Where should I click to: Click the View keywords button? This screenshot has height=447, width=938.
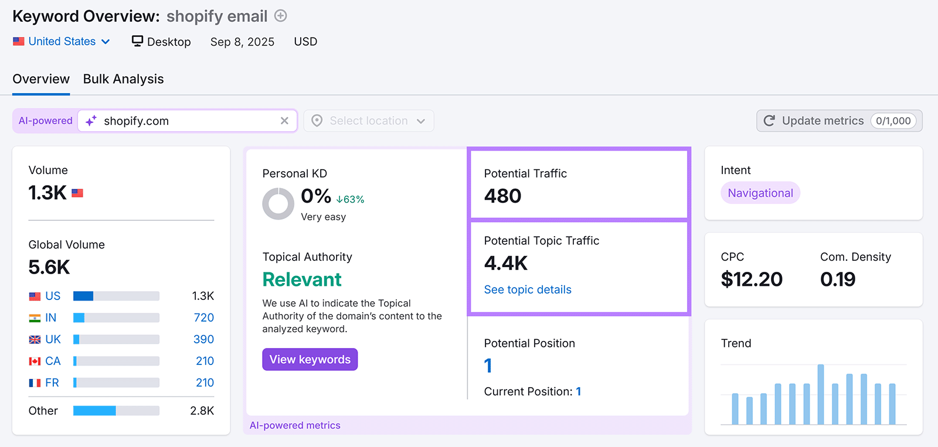pos(310,360)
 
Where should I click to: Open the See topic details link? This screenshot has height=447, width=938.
pos(527,289)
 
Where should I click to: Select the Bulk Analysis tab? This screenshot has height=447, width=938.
pos(123,79)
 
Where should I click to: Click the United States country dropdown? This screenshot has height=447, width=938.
pos(62,42)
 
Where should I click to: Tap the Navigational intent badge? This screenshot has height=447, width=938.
pos(760,193)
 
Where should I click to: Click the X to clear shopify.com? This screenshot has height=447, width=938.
pos(284,121)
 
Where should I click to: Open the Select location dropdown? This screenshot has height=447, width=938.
pos(368,121)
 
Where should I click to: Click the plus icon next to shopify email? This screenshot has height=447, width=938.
pos(281,16)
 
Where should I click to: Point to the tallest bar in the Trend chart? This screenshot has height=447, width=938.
pos(820,394)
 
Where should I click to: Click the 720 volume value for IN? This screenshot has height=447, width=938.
pos(203,318)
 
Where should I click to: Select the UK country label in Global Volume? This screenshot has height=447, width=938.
pos(53,339)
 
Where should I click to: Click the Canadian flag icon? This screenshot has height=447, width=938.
pos(35,361)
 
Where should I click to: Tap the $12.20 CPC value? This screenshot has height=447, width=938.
pos(751,279)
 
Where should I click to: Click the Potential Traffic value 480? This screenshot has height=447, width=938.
pos(502,196)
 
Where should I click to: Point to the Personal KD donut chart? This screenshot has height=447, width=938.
pos(278,204)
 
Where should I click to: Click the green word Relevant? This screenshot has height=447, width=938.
pos(301,279)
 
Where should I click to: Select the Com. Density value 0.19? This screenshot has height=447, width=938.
pos(837,279)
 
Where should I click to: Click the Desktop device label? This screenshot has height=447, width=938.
pos(161,42)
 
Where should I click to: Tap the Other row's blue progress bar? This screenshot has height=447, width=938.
pos(94,411)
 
